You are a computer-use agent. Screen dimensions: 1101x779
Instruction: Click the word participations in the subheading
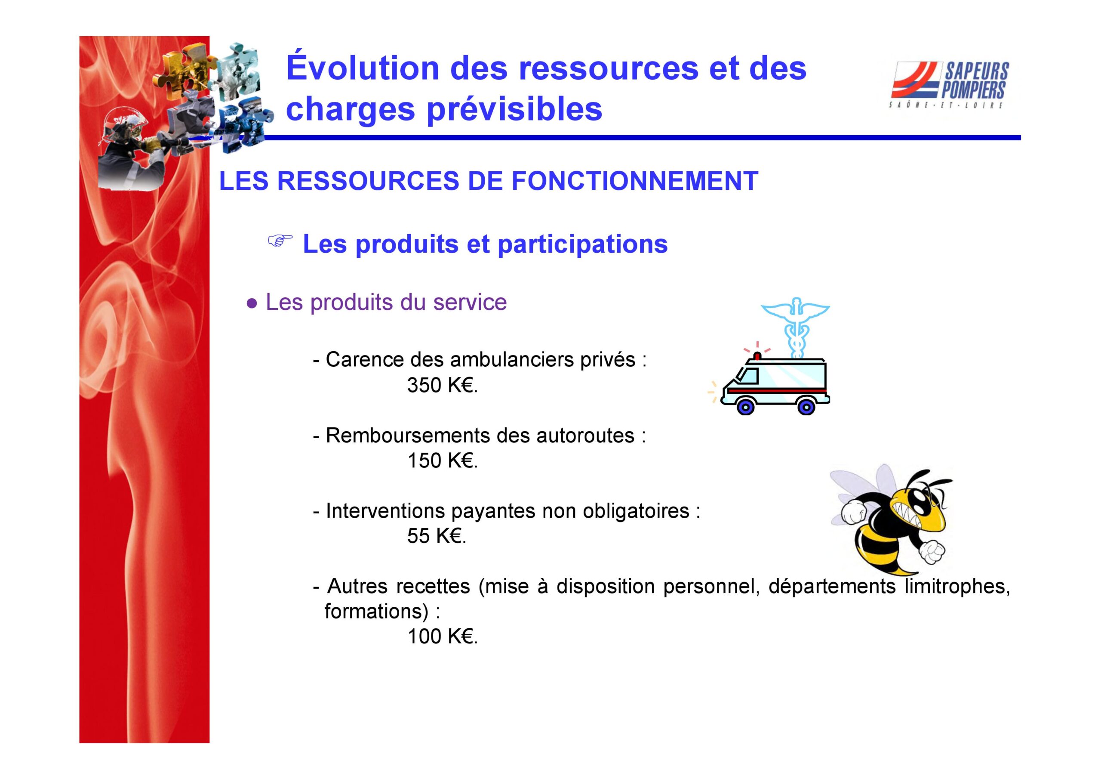[583, 245]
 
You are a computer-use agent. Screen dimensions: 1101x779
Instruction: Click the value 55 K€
[437, 536]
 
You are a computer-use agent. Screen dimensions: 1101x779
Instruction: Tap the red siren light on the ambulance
[757, 355]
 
